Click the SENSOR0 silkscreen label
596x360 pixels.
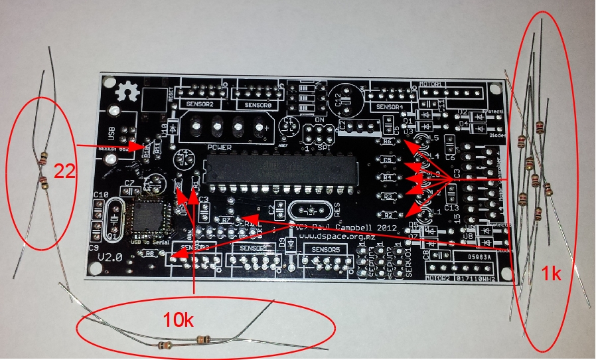[x=253, y=105]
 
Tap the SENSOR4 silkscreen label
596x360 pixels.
[x=390, y=108]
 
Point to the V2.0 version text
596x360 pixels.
[x=113, y=256]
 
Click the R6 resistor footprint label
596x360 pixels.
[x=389, y=142]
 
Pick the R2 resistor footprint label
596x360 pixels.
[x=390, y=215]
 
